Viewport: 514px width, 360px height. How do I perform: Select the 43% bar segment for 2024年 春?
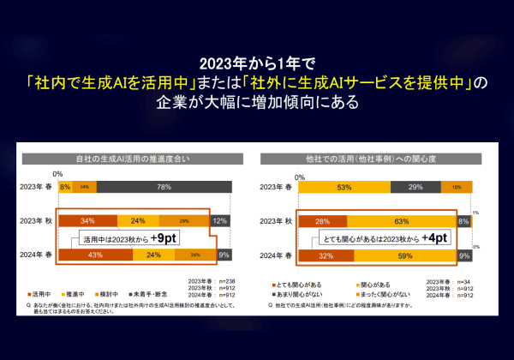pos(90,254)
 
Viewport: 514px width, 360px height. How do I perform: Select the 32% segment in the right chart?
pos(324,254)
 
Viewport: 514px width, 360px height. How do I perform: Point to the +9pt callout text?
pos(167,237)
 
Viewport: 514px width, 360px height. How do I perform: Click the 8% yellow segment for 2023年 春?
pos(63,186)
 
